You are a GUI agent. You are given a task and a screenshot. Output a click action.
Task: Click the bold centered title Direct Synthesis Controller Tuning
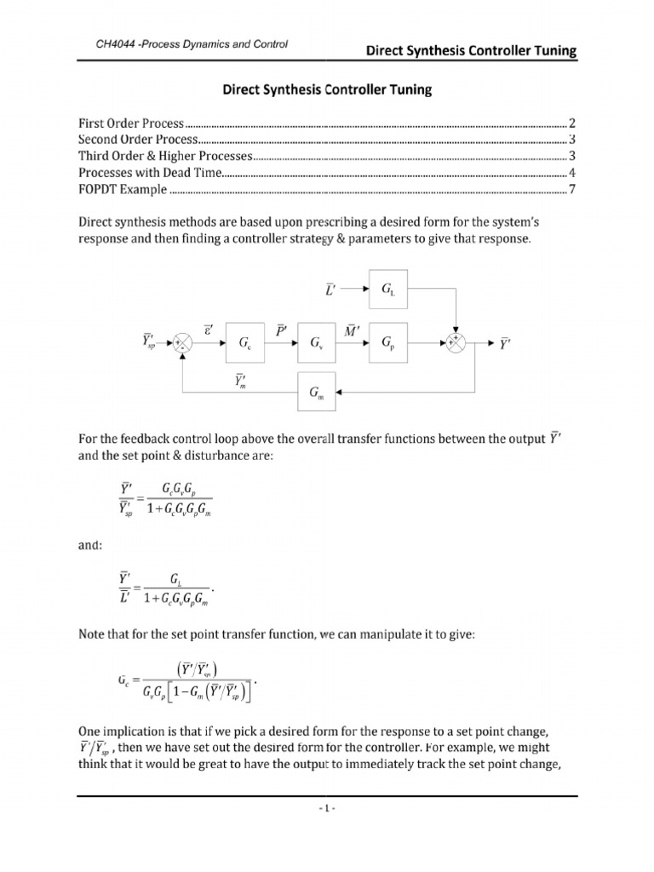pos(326,88)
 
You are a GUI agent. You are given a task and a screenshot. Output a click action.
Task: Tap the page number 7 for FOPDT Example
pos(573,188)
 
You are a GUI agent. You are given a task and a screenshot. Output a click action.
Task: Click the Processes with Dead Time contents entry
pos(150,172)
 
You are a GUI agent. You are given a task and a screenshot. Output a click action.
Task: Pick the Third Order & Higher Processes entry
pos(166,156)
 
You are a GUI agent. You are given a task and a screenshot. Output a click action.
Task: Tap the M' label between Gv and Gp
pos(349,329)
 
